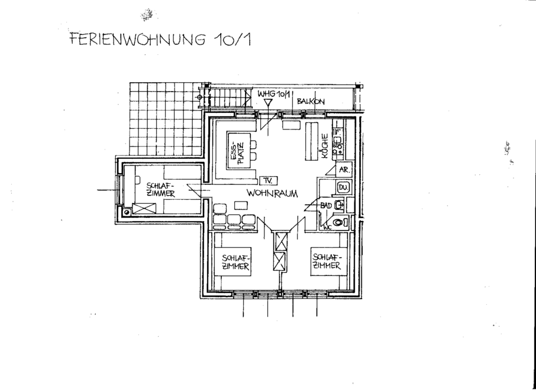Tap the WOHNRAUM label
[x=272, y=193]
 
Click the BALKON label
[x=311, y=101]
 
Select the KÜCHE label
[x=324, y=146]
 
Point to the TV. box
[x=269, y=180]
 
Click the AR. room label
[x=343, y=170]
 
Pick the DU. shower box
[x=343, y=188]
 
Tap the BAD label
[x=326, y=205]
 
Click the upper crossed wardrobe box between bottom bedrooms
[x=281, y=241]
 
